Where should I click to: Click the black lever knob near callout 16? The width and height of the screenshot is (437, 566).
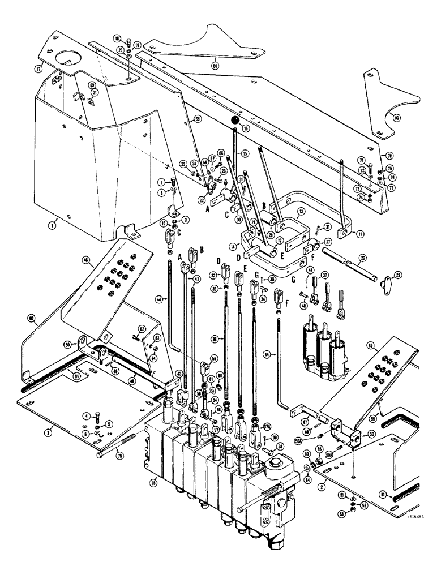[234, 120]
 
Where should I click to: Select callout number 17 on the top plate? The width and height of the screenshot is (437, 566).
[39, 70]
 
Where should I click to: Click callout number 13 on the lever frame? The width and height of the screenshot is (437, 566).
[301, 211]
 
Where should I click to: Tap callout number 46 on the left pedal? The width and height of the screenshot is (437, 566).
[86, 260]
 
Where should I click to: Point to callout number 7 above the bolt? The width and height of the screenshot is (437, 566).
[161, 181]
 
